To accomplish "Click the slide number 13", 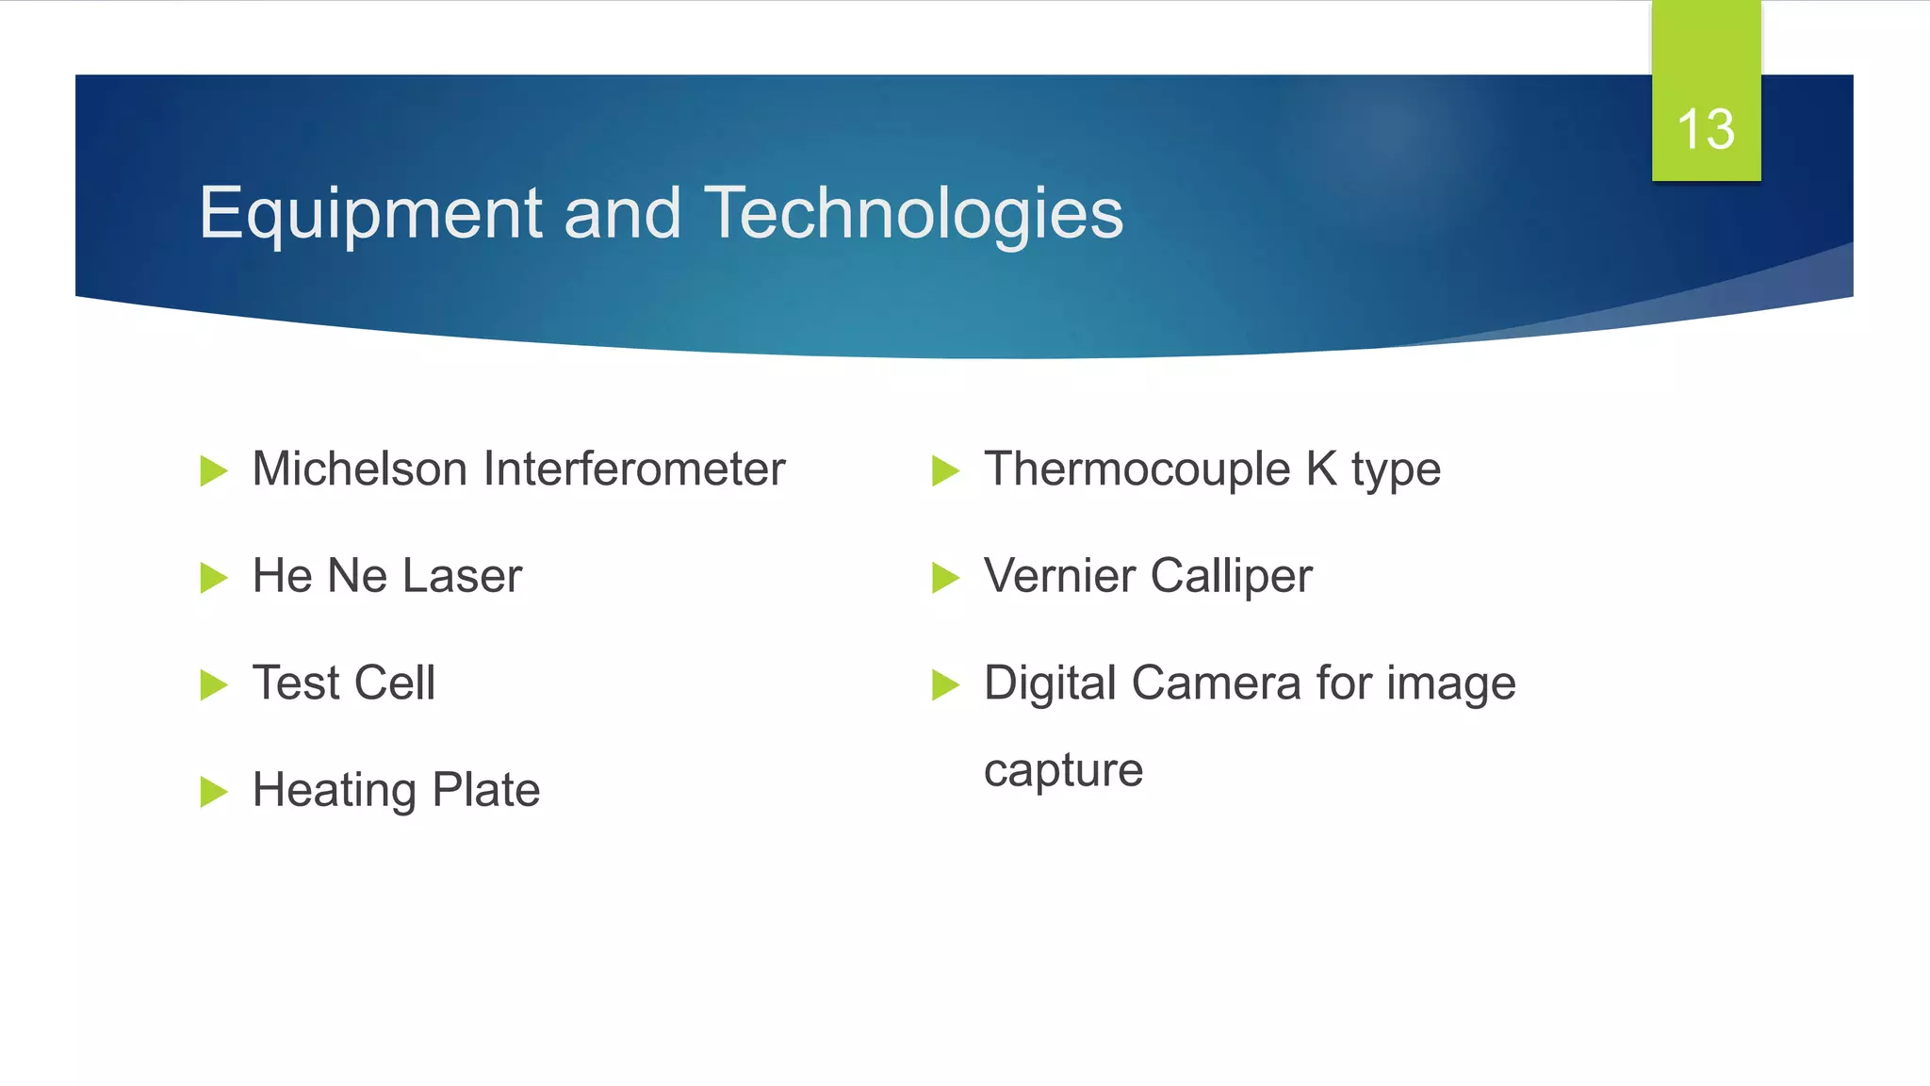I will (x=1706, y=129).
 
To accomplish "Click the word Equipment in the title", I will (x=369, y=214).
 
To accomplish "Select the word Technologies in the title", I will (x=913, y=214).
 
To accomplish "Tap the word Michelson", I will (x=359, y=469).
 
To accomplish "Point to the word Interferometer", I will (x=633, y=469).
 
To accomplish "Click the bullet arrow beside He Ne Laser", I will (x=214, y=577).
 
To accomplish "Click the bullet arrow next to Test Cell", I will (x=214, y=684).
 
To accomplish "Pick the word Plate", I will (x=485, y=790).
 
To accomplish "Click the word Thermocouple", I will (x=1137, y=469).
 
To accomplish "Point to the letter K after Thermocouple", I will (x=1321, y=469).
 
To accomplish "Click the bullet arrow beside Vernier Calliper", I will (x=945, y=577).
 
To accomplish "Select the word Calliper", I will (x=1231, y=576).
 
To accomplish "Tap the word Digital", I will (x=1050, y=683).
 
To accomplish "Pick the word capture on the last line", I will (x=1063, y=771).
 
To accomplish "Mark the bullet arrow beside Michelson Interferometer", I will (x=214, y=470).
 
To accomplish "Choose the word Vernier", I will (x=1059, y=576).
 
